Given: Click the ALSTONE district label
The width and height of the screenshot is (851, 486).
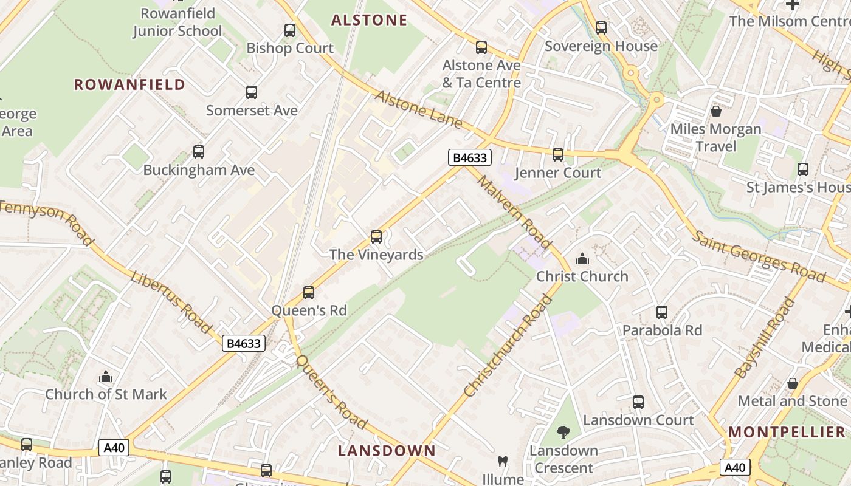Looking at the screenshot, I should [369, 20].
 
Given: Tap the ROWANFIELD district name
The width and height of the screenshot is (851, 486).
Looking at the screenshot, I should [129, 84].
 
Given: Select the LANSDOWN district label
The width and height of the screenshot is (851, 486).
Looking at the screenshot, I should [387, 451].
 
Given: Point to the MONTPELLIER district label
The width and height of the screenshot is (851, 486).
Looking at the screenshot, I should [787, 433].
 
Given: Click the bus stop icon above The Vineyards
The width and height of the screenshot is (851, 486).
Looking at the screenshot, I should [376, 237].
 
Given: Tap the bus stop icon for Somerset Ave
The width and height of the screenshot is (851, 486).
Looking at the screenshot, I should [252, 92].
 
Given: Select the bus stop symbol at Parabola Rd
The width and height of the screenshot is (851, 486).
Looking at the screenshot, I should [662, 312].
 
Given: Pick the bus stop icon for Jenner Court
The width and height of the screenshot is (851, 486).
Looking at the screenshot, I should [558, 155].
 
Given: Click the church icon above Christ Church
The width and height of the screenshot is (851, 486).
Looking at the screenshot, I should [582, 259].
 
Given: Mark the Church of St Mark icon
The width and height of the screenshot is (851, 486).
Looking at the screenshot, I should [106, 377].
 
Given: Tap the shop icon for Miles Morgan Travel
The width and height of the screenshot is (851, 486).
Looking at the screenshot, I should [716, 111].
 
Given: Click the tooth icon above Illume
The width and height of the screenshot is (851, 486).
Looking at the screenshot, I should [503, 461].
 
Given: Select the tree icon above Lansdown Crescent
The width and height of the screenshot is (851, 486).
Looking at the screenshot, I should [563, 433].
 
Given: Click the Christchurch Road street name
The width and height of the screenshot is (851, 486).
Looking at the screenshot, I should [500, 346].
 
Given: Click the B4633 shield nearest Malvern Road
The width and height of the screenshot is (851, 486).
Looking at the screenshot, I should [469, 158].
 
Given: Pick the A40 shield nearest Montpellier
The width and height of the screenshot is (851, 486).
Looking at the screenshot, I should [735, 468].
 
